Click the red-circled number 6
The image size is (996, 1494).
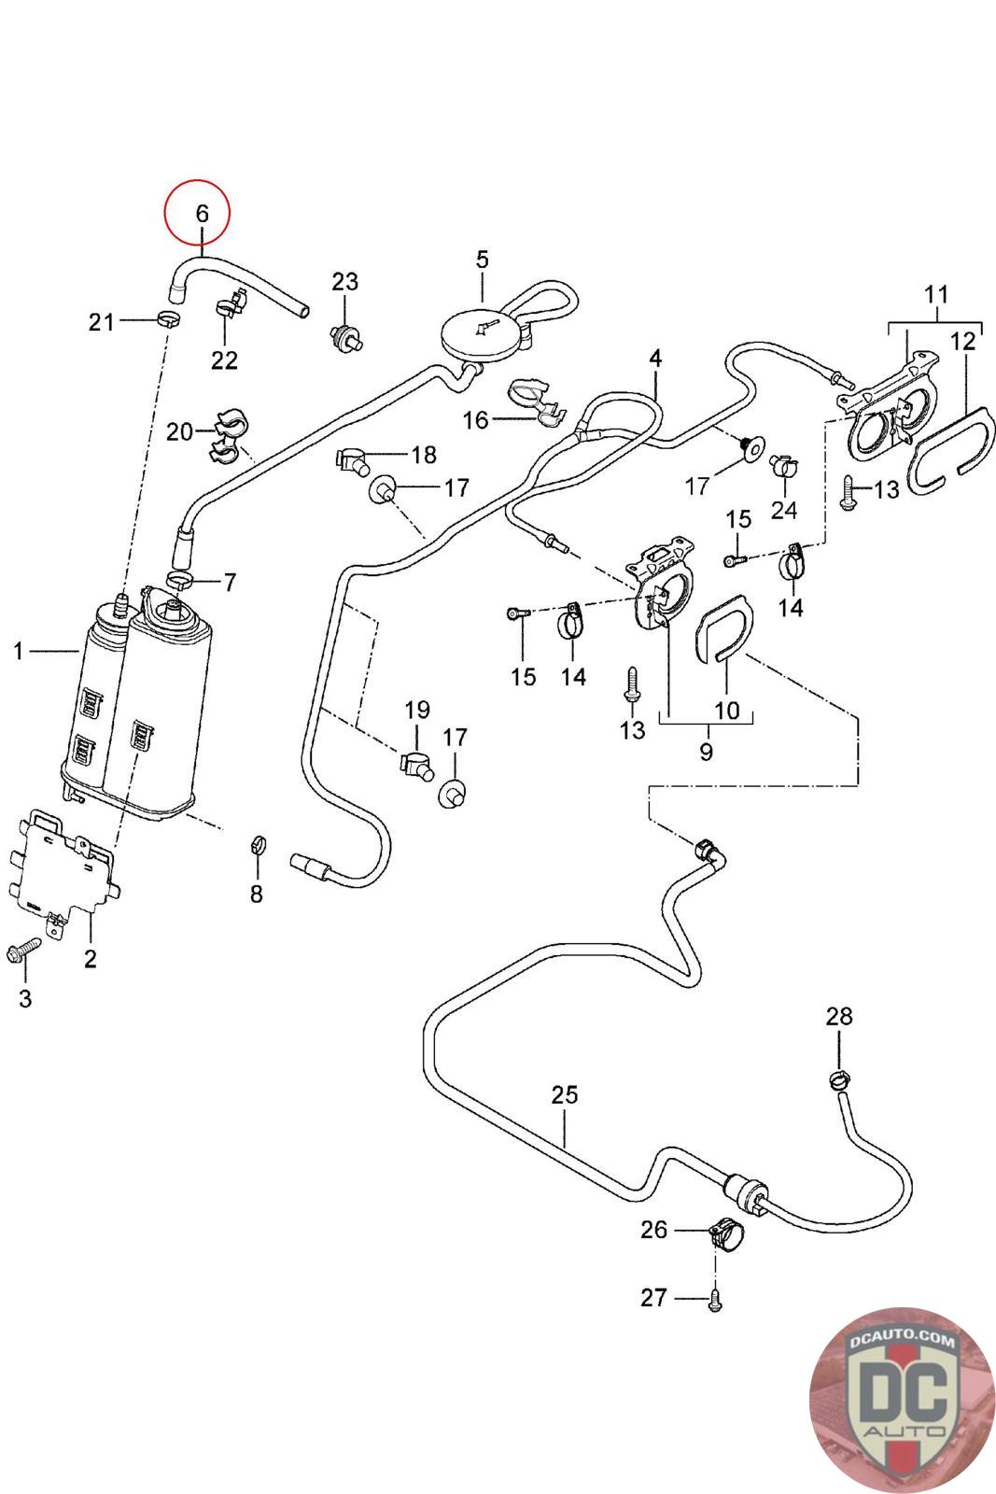(x=202, y=213)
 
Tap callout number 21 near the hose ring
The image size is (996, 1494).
(x=101, y=322)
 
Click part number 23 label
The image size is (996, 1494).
(x=345, y=281)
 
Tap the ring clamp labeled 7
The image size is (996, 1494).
(x=182, y=582)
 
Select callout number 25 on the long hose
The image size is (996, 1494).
(x=565, y=1093)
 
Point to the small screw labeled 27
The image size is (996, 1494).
(x=714, y=1299)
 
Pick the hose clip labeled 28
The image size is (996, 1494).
(x=838, y=1079)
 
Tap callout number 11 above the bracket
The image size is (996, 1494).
(x=936, y=294)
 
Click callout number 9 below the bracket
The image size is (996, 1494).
(x=706, y=751)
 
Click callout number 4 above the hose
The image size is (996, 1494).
(x=655, y=358)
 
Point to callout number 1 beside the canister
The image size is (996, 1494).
(x=18, y=651)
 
